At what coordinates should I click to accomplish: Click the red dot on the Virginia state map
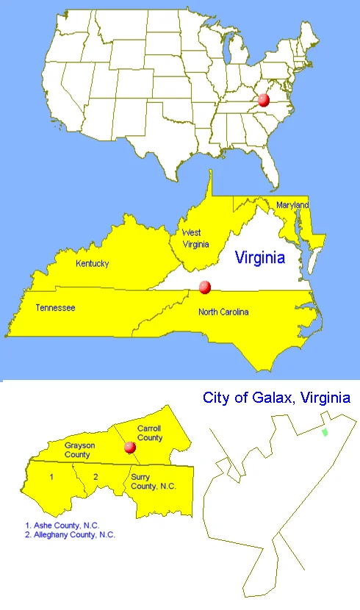[205, 287]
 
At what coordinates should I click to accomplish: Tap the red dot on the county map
[131, 447]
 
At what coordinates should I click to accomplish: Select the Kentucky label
[93, 264]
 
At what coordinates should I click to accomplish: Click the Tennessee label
[55, 308]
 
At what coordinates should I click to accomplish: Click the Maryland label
[292, 205]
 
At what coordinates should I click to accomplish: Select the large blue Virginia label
[259, 258]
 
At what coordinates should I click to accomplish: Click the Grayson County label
[77, 450]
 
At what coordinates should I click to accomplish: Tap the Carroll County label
[150, 433]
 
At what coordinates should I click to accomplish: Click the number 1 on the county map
[51, 477]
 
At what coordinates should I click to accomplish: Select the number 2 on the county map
[96, 477]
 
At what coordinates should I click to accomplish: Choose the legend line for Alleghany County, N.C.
[70, 535]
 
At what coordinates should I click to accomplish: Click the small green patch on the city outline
[325, 431]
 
